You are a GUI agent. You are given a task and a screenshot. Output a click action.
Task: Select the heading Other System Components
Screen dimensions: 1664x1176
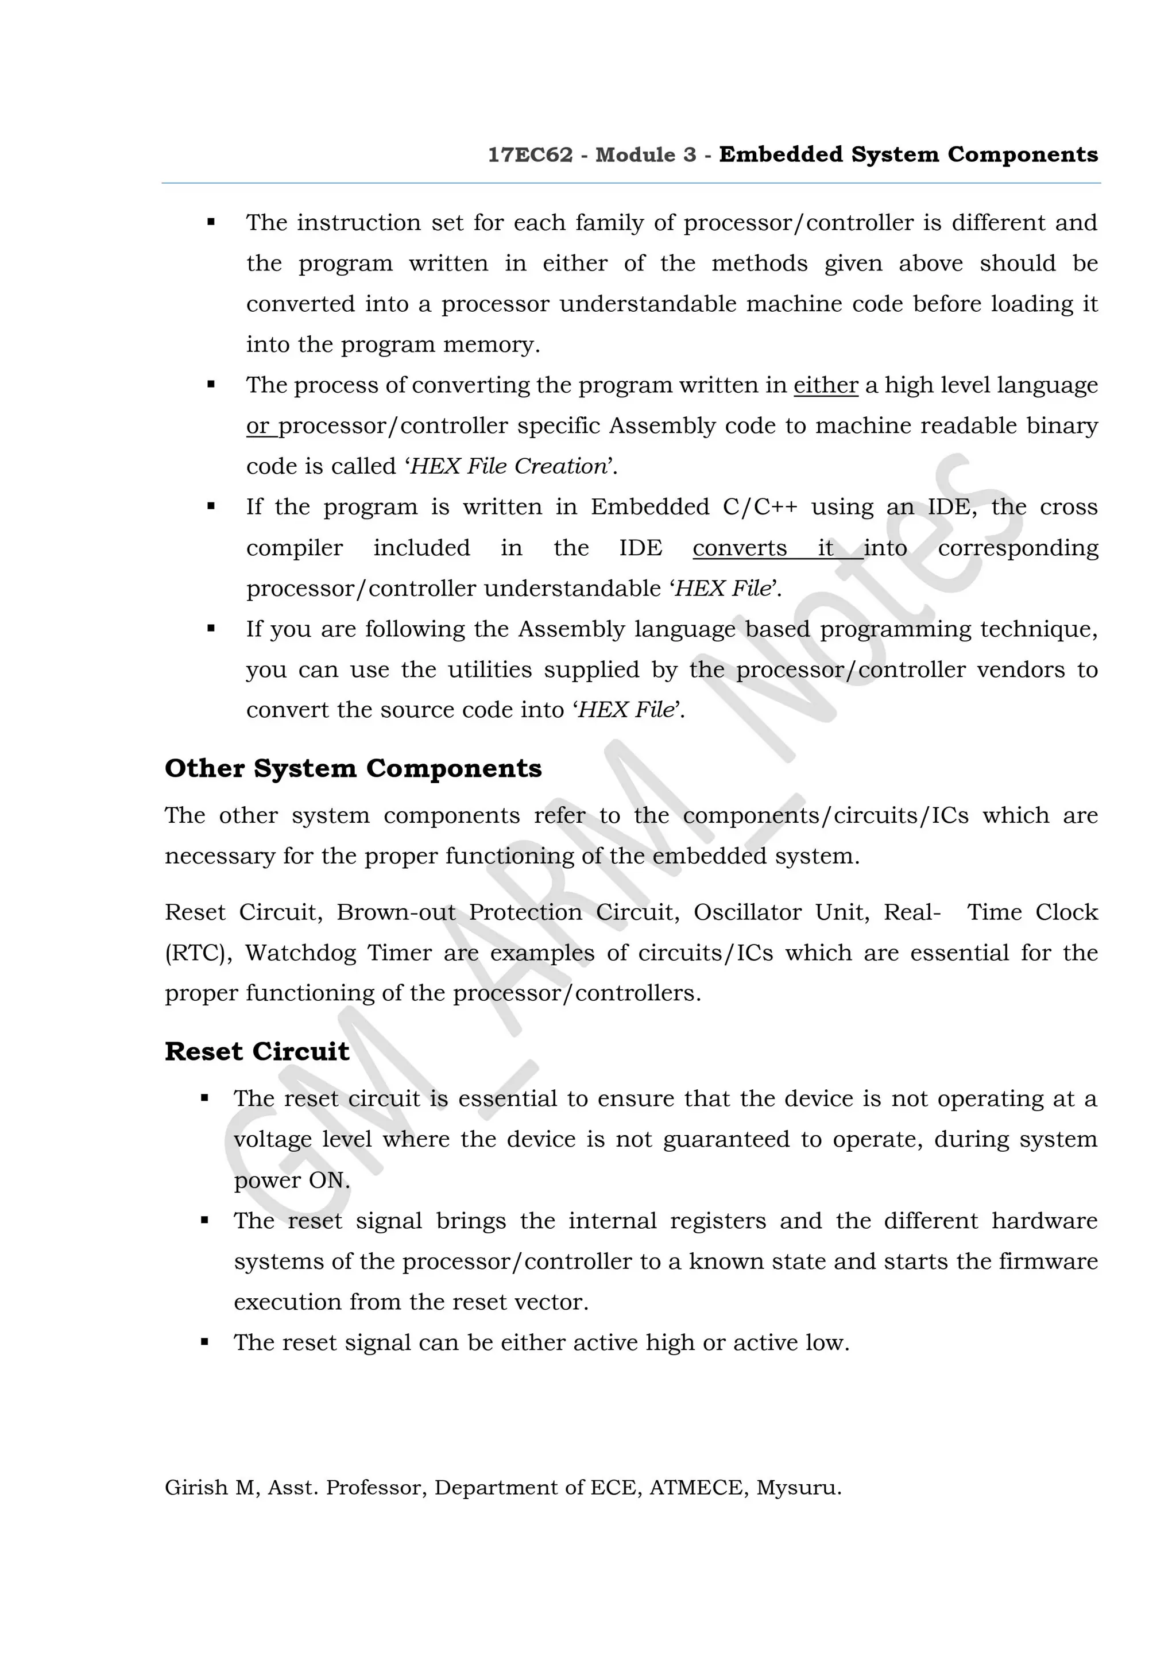pos(353,768)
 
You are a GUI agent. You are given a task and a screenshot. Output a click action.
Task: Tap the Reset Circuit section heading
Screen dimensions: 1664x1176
pos(257,1051)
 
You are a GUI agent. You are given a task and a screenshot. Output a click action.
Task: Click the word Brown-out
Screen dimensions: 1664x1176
pos(396,912)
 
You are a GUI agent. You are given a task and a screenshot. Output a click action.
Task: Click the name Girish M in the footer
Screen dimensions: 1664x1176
pos(210,1488)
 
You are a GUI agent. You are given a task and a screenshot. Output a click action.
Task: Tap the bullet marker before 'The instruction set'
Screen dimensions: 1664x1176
pos(211,222)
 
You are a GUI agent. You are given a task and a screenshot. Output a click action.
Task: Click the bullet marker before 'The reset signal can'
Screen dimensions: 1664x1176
pos(204,1342)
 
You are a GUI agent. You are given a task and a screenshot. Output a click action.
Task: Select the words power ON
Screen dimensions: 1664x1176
pos(291,1181)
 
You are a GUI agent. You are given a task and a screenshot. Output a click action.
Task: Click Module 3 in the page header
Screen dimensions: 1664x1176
pos(645,155)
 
